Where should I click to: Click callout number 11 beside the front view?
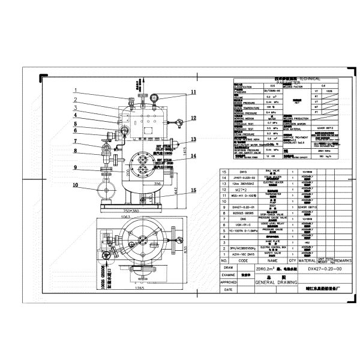194,91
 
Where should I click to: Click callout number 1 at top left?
76,91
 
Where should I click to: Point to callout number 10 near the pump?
76,185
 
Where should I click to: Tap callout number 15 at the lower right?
193,191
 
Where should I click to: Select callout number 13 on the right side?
193,139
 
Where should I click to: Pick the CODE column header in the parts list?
244,261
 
